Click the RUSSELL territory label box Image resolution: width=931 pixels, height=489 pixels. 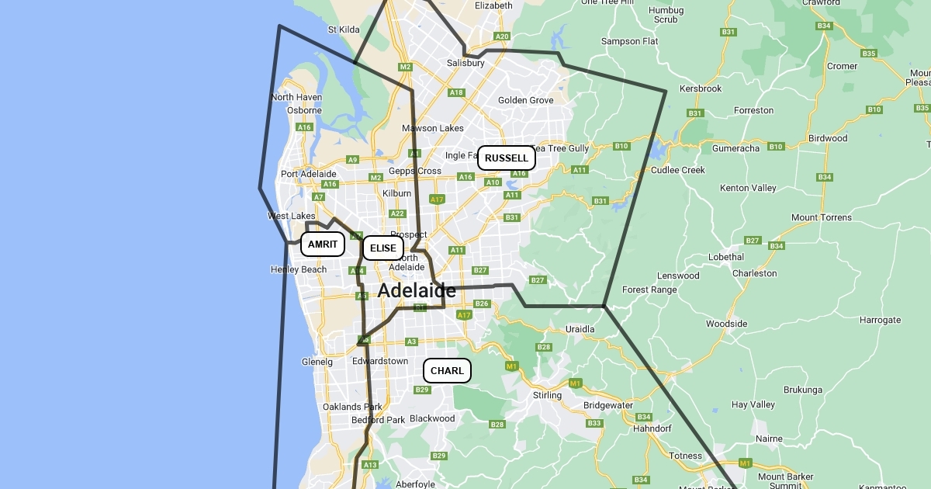(x=506, y=158)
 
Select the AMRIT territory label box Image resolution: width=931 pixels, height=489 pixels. (x=322, y=244)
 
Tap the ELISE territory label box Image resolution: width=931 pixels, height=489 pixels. (x=382, y=248)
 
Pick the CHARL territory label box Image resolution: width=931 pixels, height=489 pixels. (x=447, y=370)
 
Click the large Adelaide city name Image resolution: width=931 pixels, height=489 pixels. (x=417, y=291)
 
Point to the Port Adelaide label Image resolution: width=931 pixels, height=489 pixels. (x=309, y=174)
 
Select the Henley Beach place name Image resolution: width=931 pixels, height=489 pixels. (x=299, y=269)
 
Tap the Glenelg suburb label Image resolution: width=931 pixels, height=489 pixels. (x=317, y=362)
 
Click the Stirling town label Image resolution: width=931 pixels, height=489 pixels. (x=547, y=395)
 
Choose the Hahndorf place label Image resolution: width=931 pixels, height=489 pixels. (x=652, y=428)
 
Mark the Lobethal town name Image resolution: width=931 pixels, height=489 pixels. (x=726, y=257)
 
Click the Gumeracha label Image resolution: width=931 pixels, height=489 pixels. (x=736, y=147)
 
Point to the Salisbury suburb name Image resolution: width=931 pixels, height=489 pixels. (x=465, y=63)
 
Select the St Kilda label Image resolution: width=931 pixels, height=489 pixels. (x=344, y=29)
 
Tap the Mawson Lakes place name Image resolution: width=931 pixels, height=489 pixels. (x=432, y=128)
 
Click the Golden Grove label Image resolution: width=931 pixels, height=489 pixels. (x=526, y=100)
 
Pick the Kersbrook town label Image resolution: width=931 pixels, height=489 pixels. (x=701, y=88)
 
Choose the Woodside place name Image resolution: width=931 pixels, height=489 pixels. (x=726, y=324)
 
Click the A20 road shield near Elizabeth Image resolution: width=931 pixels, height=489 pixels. (x=502, y=36)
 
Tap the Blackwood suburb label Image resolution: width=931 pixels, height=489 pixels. (x=432, y=418)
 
